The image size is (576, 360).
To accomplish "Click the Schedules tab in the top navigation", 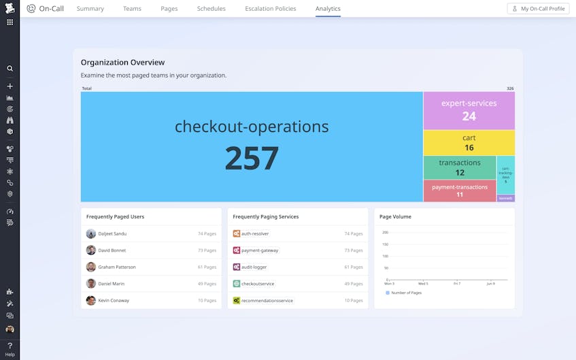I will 211,9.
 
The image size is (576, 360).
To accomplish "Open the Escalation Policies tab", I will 270,9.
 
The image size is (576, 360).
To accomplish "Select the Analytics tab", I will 328,9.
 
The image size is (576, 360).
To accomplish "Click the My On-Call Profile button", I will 538,9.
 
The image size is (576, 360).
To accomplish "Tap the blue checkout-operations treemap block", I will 252,146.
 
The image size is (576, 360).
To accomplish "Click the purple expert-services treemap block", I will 469,110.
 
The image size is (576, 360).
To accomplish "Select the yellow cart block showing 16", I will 469,142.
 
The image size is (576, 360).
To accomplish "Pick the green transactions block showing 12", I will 460,167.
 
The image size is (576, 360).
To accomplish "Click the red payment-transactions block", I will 460,191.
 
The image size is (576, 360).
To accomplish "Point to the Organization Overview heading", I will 123,63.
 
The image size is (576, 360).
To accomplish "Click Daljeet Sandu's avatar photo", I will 91,233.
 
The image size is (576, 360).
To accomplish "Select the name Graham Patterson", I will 117,267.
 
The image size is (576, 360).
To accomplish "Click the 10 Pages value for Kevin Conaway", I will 207,300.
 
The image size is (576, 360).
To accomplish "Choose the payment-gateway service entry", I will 259,250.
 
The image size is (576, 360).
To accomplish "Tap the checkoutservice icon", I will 237,284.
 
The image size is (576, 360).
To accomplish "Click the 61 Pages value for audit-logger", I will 354,267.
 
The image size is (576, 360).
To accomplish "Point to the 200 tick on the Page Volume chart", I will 385,232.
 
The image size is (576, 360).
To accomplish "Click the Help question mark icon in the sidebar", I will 10,346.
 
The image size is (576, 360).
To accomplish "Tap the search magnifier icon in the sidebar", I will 10,69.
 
